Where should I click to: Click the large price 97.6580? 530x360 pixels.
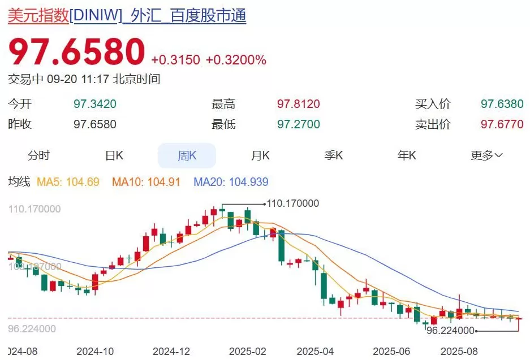[x=76, y=53]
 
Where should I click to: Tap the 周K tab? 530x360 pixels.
[x=187, y=156]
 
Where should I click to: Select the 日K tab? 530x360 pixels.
[x=114, y=156]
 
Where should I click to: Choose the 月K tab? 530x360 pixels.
[x=260, y=156]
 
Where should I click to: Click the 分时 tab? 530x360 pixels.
[x=38, y=156]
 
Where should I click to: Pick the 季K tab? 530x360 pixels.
[x=333, y=156]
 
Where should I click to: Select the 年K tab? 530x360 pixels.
[x=407, y=156]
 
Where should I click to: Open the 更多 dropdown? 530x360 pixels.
[x=486, y=156]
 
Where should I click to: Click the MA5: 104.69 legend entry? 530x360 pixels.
[x=68, y=182]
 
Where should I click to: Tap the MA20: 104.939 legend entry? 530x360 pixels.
[x=231, y=182]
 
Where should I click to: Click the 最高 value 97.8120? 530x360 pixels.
[x=298, y=105]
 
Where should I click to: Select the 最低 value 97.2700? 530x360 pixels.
[x=298, y=124]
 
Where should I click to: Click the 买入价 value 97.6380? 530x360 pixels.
[x=502, y=105]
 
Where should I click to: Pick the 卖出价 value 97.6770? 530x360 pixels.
[x=502, y=124]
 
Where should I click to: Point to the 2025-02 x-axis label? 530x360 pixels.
[x=247, y=351]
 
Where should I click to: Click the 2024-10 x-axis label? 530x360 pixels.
[x=94, y=351]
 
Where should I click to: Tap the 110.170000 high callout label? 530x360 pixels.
[x=292, y=203]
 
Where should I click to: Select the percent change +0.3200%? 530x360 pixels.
[x=236, y=60]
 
